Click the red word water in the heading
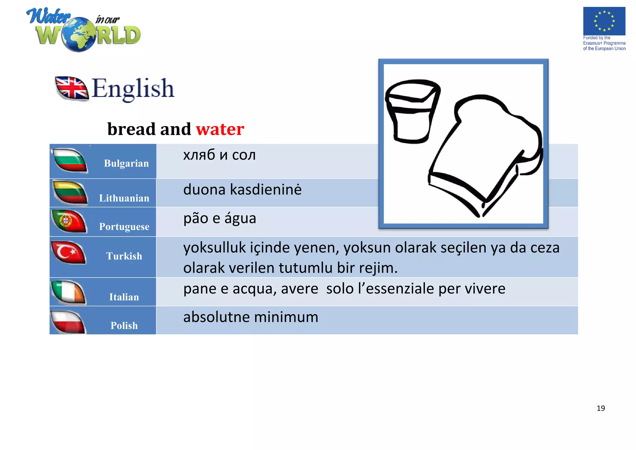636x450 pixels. tap(220, 129)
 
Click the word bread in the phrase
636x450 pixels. tap(132, 129)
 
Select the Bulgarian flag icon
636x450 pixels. tap(70, 160)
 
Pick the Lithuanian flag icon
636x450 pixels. tap(70, 193)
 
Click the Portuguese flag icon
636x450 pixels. tap(69, 221)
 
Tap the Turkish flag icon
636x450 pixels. tap(68, 252)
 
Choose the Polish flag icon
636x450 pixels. tap(68, 322)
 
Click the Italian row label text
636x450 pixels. tap(124, 297)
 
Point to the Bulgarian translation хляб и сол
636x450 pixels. tap(219, 155)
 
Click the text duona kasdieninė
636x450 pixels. tap(242, 190)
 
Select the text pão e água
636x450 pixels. tap(220, 218)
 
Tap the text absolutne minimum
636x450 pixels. tap(251, 317)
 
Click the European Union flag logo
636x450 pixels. tap(604, 21)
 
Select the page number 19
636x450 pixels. tap(601, 408)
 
